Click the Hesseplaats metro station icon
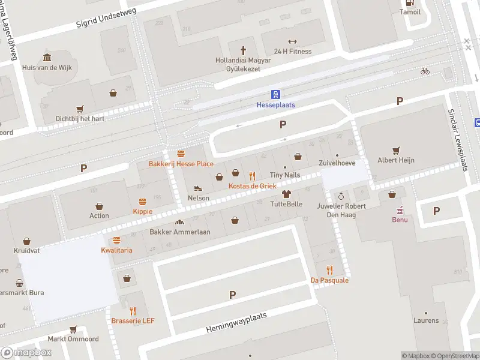coord(275,94)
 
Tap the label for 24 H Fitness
coord(293,52)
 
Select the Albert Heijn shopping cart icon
coord(396,150)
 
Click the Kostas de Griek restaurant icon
coord(252,176)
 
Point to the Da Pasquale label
coord(329,280)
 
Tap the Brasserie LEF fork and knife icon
coord(133,311)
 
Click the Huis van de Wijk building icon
coord(47,58)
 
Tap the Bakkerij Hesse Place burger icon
coord(181,154)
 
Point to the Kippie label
coord(143,211)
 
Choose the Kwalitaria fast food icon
coord(116,240)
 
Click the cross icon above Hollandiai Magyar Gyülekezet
coord(244,50)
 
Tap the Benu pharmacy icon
coord(400,210)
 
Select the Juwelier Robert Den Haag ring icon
coord(341,196)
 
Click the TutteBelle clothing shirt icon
coord(286,194)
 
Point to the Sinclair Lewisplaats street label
coord(458,140)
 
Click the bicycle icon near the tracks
coord(425,71)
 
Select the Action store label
coord(100,216)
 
